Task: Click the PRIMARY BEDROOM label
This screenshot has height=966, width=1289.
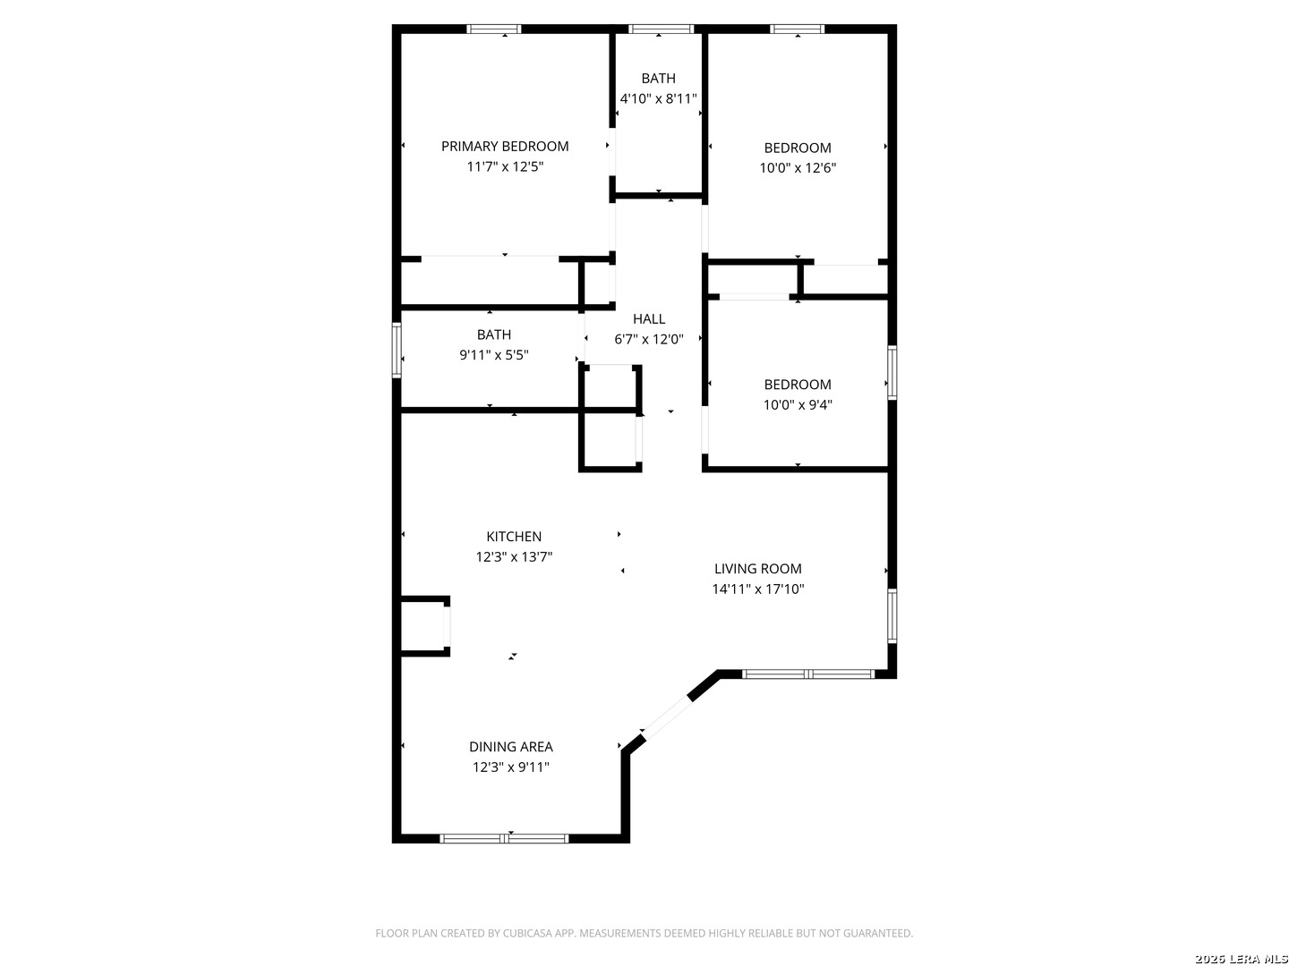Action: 505,146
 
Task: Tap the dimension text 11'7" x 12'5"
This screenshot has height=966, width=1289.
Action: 505,166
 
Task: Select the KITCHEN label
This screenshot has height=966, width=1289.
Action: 513,536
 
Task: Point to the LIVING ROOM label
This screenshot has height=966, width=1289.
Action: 757,568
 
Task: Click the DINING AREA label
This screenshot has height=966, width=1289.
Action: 510,747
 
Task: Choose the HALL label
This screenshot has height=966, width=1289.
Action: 648,319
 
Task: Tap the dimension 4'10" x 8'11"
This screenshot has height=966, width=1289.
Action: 658,98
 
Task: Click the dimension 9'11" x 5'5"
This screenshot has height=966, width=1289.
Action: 493,355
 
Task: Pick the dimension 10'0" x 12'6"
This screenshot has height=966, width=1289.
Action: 797,168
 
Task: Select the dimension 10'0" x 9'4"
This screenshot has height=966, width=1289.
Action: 797,404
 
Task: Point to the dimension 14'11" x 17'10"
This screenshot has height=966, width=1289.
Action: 757,589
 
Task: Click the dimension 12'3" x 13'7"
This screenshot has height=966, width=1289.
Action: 513,556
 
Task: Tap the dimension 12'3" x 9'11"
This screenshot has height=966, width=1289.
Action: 510,767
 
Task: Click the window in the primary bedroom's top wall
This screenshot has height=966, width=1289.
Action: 493,29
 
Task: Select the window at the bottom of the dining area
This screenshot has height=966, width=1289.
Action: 504,839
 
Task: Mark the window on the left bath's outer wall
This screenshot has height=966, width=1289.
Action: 397,350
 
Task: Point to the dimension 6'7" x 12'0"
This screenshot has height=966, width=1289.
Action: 648,339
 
